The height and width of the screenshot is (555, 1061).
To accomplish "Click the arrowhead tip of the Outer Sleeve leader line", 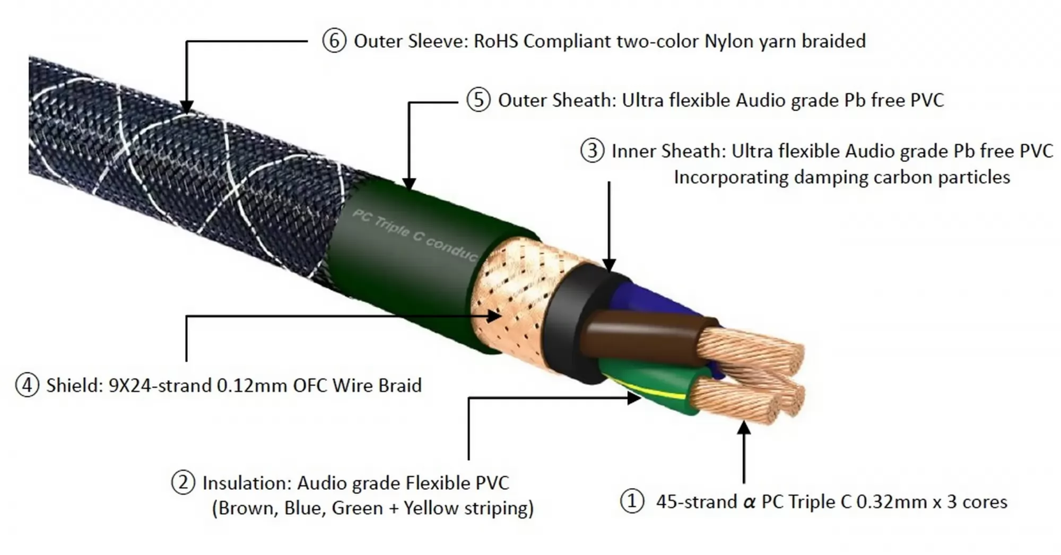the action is pos(186,113).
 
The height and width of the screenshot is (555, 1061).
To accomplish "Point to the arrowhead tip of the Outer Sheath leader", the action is pos(409,189).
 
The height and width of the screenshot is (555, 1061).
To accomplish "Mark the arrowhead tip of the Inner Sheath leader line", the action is pos(609,272).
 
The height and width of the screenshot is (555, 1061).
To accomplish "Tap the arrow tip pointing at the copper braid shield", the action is pos(501,316).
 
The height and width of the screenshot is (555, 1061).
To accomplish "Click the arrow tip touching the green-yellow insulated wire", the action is pos(641,397).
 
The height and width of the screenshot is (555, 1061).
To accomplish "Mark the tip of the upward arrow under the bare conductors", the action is pos(744,420).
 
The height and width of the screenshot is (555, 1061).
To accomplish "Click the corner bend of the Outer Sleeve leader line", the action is pos(186,41).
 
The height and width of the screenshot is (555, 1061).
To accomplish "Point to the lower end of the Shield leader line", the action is pos(186,361).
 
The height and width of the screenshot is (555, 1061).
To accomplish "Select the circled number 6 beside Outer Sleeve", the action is pos(334,41).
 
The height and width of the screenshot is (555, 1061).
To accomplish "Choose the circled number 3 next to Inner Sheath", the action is pos(592,151).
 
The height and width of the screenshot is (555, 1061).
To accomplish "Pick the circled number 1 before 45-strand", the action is pos(632,501).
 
